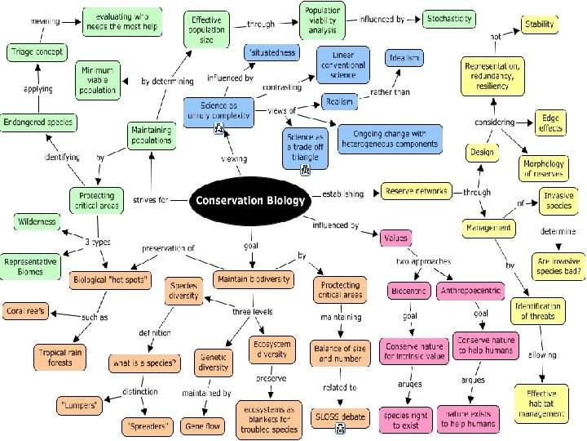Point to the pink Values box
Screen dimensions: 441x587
coord(394,238)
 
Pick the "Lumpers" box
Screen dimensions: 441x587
coord(78,405)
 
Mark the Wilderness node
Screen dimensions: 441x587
coord(37,221)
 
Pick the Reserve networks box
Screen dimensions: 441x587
coord(415,191)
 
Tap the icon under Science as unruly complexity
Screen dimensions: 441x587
coord(218,130)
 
